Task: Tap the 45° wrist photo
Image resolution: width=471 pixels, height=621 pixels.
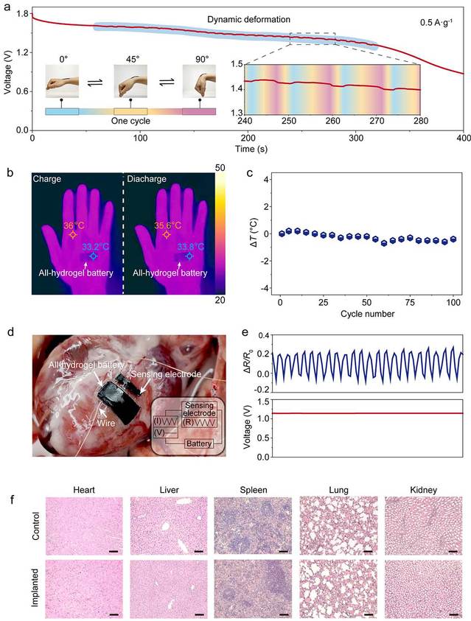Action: (x=130, y=84)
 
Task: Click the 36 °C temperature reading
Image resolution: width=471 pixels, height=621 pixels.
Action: (x=72, y=225)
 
